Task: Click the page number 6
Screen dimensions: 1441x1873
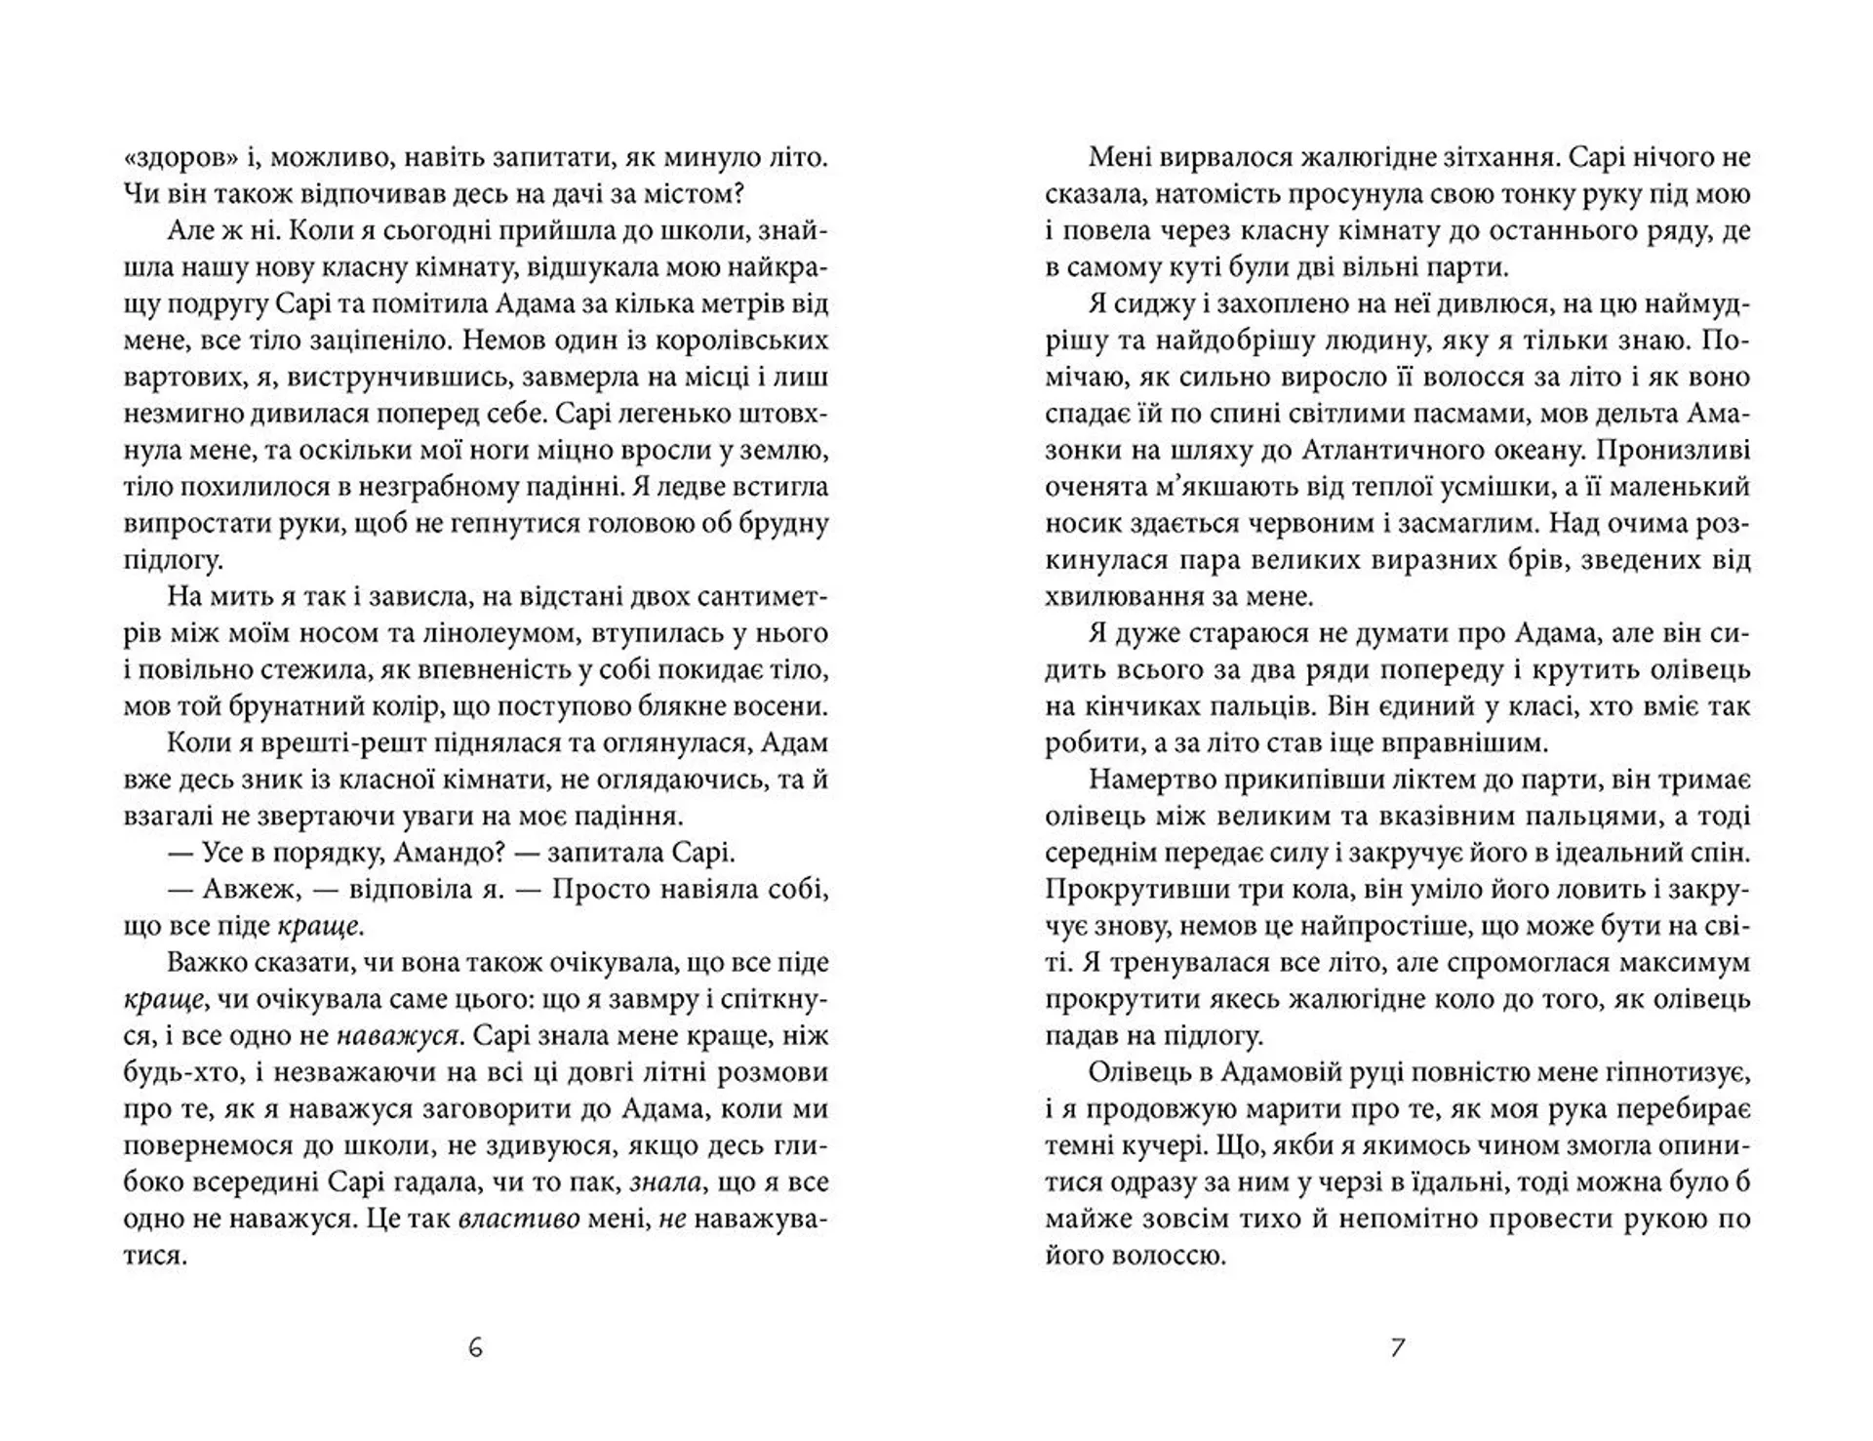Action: pos(475,1348)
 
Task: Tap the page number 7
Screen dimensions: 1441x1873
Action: pos(1397,1348)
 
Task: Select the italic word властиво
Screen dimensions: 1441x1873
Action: pos(519,1220)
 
